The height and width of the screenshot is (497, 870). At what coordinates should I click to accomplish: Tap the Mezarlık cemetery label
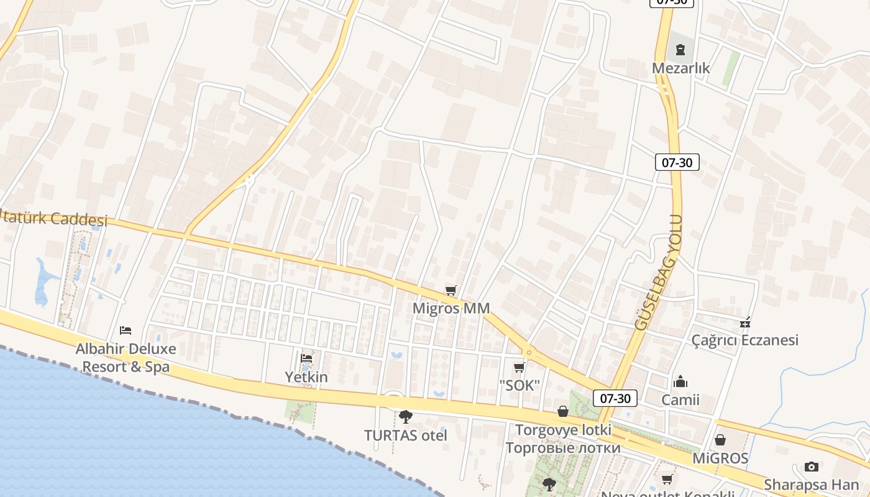(x=680, y=68)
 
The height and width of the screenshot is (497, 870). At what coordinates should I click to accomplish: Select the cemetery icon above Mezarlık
(x=680, y=50)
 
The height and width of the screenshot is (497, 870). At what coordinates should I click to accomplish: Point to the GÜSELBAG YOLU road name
(x=659, y=272)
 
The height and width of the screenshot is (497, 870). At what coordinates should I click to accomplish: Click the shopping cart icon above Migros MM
(x=451, y=291)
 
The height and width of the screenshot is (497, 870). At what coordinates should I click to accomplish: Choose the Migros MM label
(x=451, y=308)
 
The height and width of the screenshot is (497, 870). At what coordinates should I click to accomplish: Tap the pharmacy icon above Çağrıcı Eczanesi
(x=745, y=322)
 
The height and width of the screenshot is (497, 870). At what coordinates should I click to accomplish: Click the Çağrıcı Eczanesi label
(x=745, y=340)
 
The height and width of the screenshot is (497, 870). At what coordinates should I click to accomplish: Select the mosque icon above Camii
(x=680, y=381)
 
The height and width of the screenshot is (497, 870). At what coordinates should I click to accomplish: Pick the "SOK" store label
(x=519, y=385)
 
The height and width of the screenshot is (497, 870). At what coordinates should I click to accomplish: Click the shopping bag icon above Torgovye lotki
(x=563, y=411)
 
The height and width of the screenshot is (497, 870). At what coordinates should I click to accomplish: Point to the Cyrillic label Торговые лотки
(x=563, y=448)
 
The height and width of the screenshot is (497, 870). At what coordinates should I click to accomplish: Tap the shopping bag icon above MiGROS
(x=720, y=440)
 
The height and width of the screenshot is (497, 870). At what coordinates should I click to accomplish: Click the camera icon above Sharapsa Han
(x=811, y=467)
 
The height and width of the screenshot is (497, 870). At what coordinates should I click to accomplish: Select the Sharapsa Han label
(x=811, y=485)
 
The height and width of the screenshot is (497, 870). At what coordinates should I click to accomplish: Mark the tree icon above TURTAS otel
(x=406, y=417)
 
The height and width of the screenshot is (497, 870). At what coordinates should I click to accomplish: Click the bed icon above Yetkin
(x=306, y=358)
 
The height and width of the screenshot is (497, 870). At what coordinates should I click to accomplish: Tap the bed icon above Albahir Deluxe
(x=126, y=330)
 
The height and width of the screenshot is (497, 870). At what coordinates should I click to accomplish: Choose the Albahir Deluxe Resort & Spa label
(x=126, y=358)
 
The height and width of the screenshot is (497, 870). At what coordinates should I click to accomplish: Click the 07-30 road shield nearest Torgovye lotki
(x=615, y=398)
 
